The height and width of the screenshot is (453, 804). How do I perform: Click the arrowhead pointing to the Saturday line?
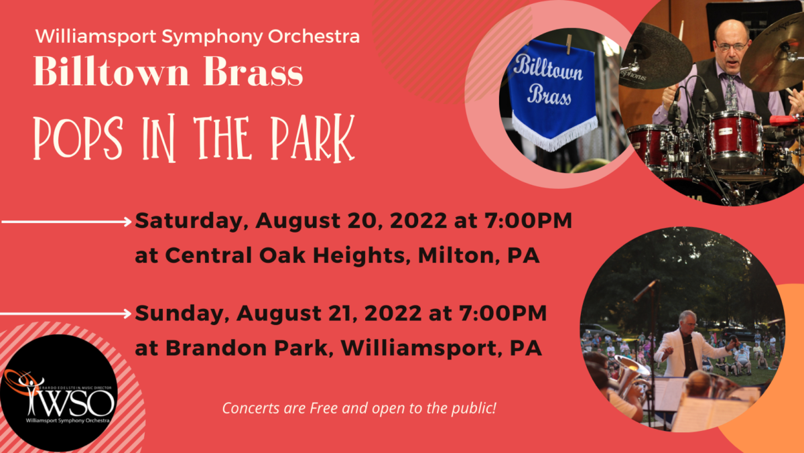tap(127, 221)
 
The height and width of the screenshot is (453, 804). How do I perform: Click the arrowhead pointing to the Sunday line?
tap(127, 313)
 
